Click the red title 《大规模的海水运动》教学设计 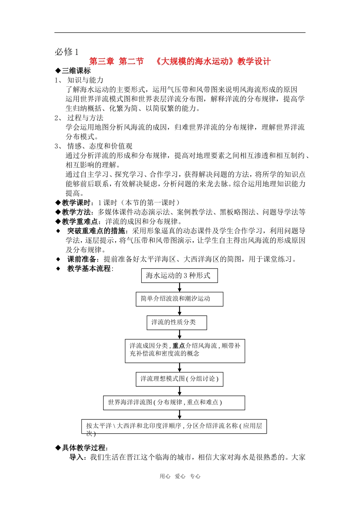coord(213,61)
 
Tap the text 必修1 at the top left coord(67,52)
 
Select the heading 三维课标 coord(76,71)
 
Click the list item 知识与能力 coord(85,80)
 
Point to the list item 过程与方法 coord(85,118)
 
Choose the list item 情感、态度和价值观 coord(100,146)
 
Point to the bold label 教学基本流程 coord(89,269)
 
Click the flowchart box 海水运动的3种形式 coord(179,276)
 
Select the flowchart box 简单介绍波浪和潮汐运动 coord(179,299)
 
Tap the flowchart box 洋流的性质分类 coord(177,322)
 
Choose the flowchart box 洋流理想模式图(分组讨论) coord(179,379)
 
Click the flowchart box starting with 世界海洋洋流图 coord(174,403)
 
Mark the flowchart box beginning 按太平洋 coord(174,426)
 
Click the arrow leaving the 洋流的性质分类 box coord(180,334)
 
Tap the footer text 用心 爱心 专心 coord(180,476)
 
